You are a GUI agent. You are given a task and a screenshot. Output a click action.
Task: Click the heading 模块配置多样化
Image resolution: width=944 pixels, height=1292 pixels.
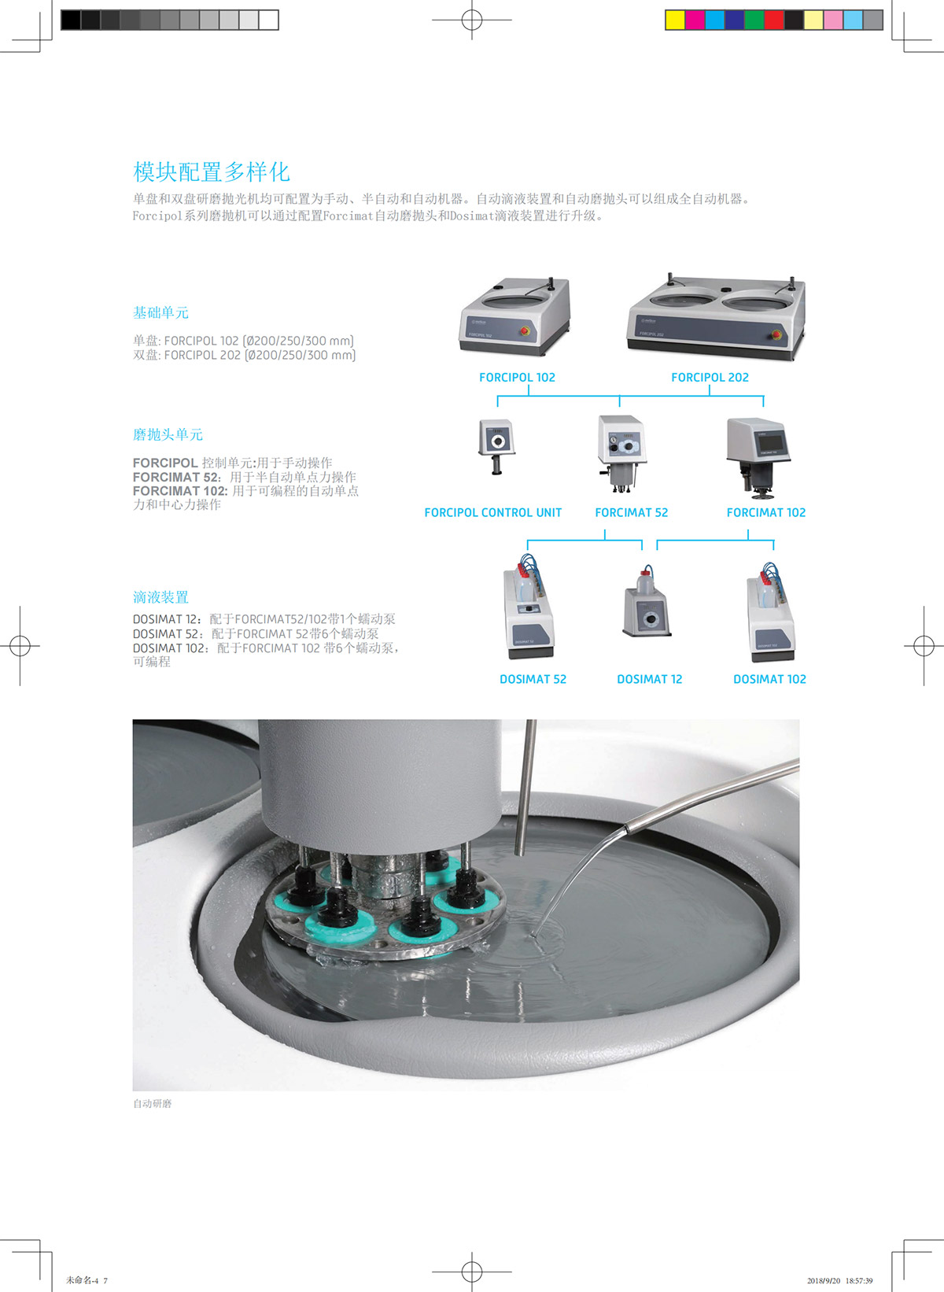[211, 172]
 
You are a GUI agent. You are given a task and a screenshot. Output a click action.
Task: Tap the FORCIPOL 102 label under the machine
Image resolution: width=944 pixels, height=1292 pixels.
[517, 377]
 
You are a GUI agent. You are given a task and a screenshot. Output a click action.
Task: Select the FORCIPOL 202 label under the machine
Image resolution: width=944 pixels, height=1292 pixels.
[710, 377]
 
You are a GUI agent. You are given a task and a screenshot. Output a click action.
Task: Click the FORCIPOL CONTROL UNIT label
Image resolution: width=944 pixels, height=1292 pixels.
[492, 512]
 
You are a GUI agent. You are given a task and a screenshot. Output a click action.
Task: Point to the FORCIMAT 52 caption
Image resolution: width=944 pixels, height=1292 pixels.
[631, 512]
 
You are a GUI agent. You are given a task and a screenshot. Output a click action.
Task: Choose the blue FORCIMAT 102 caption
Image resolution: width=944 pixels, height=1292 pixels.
[765, 512]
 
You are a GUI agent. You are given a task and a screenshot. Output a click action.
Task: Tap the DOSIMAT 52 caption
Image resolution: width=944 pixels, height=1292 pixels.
[533, 679]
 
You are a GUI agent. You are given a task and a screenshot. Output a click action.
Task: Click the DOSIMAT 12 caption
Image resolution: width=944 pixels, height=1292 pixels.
[649, 679]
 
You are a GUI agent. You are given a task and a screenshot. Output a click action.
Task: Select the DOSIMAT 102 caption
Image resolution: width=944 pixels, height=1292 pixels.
[769, 679]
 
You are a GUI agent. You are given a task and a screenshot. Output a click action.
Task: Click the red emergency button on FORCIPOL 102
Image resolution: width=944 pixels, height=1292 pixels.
[525, 330]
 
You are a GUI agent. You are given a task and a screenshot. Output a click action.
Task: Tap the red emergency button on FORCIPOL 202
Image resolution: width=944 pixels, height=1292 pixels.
[776, 334]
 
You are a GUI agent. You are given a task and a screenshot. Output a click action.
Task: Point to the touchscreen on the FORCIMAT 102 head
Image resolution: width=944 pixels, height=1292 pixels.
[770, 442]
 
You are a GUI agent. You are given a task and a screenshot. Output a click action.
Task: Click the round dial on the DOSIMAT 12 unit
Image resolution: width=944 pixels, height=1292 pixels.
[651, 619]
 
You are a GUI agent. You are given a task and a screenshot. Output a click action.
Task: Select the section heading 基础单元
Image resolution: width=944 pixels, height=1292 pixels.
[160, 312]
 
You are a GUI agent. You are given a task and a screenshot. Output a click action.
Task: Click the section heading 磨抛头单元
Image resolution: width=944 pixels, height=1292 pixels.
[168, 434]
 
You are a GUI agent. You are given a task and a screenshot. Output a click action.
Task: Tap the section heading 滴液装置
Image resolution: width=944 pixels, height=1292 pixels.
[160, 597]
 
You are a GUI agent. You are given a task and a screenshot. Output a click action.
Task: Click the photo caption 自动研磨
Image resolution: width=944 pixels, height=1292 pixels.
[153, 1103]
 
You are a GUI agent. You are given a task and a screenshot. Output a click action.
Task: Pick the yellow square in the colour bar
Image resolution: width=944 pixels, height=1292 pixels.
[675, 20]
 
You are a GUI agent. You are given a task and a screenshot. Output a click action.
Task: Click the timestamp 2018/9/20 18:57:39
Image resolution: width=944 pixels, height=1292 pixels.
[839, 1280]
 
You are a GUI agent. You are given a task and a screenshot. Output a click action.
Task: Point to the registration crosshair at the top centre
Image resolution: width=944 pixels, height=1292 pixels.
[472, 20]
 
